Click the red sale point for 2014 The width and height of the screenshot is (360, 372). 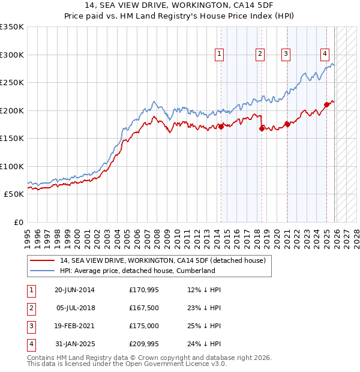pyautogui.click(x=221, y=127)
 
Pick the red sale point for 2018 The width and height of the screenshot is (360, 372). pyautogui.click(x=262, y=128)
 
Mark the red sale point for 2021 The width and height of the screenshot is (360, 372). pyautogui.click(x=287, y=124)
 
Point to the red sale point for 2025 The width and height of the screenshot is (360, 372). pyautogui.click(x=326, y=104)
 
